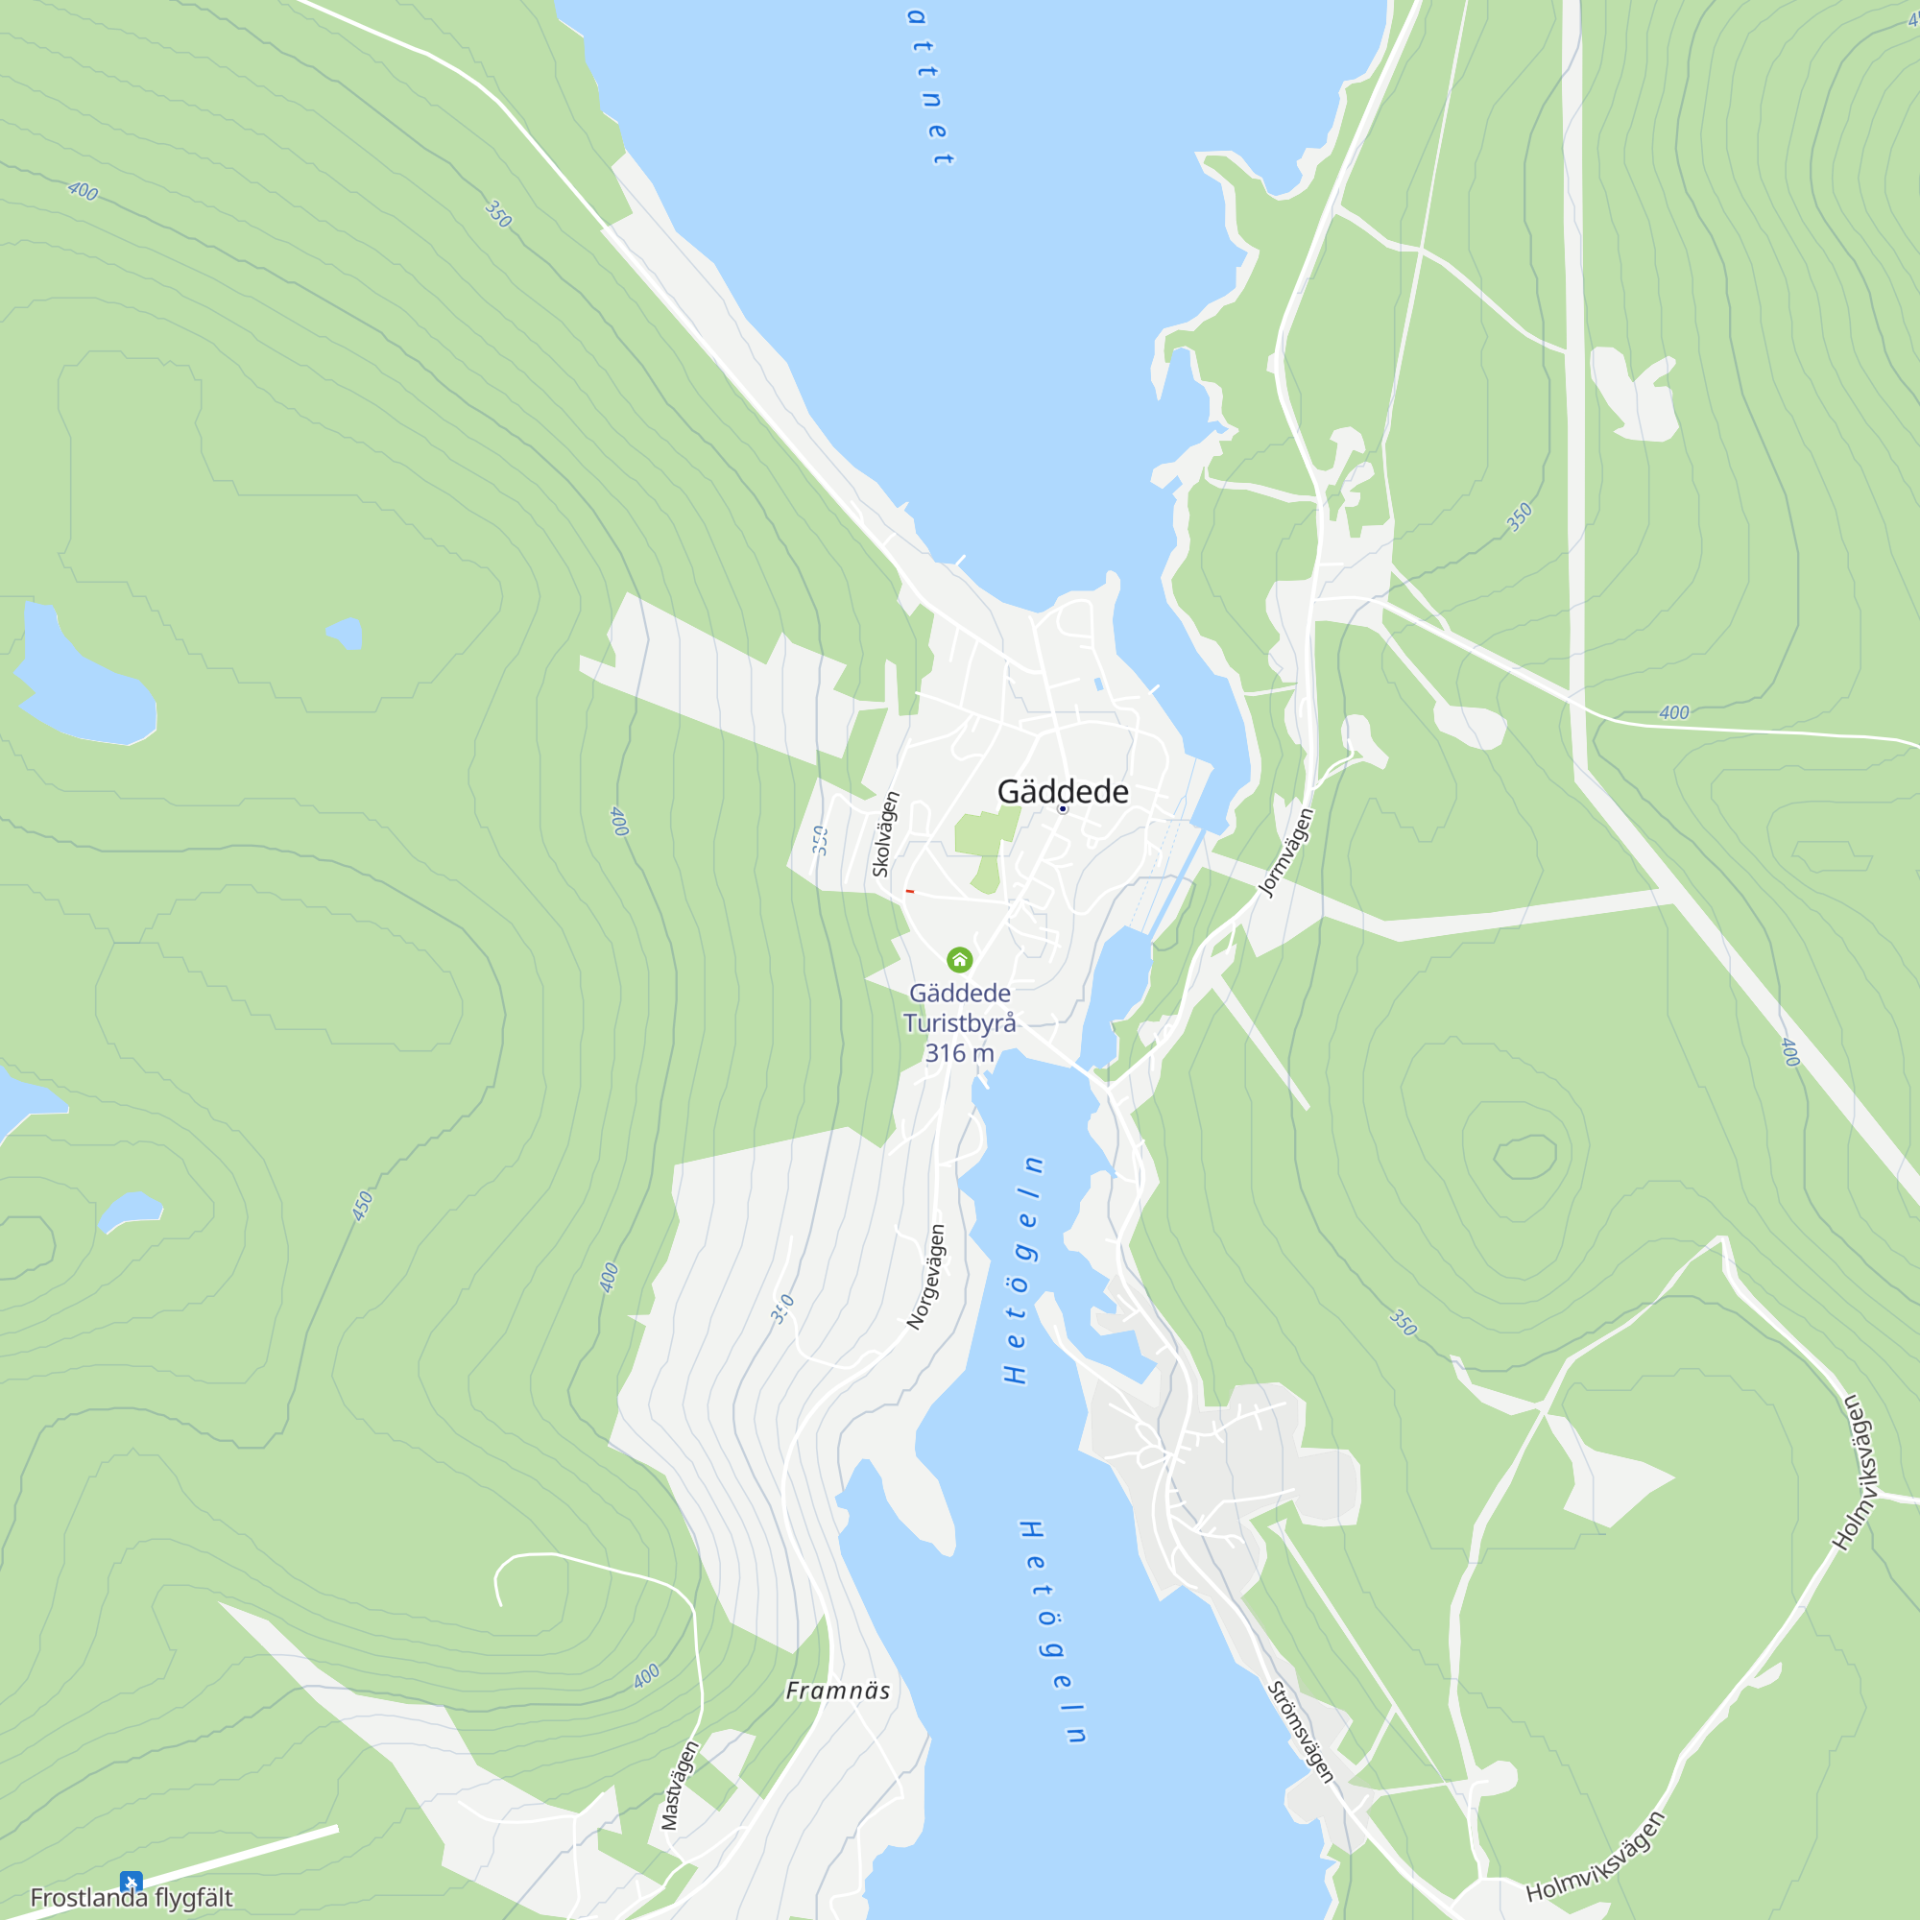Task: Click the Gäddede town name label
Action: click(1063, 792)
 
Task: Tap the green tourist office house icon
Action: click(959, 959)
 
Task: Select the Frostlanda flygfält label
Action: click(132, 1897)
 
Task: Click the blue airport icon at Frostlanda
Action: click(132, 1882)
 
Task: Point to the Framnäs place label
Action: click(838, 1691)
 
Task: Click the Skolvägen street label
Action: click(884, 834)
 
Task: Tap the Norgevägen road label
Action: click(926, 1277)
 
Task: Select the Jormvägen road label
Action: click(1286, 852)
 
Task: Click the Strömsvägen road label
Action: click(1300, 1732)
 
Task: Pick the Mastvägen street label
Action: click(681, 1785)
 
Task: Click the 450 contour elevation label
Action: click(363, 1206)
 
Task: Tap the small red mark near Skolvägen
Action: click(909, 892)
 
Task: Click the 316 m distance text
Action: click(959, 1053)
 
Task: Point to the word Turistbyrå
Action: click(959, 1023)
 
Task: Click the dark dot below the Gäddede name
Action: click(1063, 810)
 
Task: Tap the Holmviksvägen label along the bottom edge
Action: click(1595, 1856)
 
